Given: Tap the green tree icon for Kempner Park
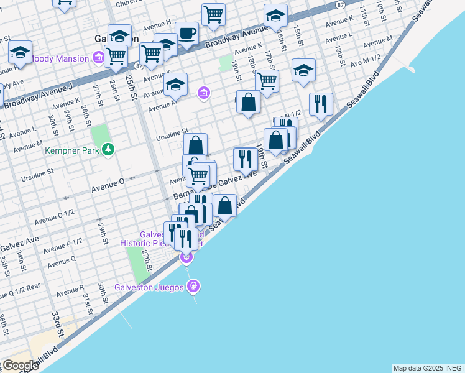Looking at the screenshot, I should point(109,149).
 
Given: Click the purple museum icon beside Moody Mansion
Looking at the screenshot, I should point(98,58).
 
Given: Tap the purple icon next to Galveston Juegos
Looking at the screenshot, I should point(193,286).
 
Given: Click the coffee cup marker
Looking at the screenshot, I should point(186,32).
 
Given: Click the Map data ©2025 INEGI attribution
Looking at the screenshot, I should point(428,368).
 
